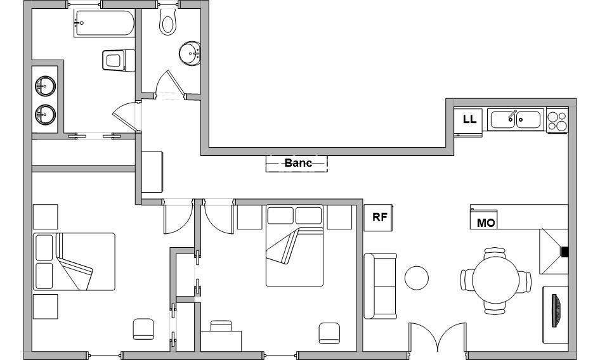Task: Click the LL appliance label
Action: coord(469,119)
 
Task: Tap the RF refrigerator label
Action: coord(379,217)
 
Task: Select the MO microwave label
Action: coord(486,222)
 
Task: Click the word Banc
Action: coord(298,163)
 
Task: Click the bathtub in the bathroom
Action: coord(105,23)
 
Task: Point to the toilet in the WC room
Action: coord(168,22)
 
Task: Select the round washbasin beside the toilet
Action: coord(190,54)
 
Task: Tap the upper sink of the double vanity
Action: coord(45,86)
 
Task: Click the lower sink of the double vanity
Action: coord(45,114)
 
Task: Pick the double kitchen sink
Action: coord(516,119)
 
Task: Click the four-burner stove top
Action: coord(557,120)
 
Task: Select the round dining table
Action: coord(495,280)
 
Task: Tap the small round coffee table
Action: coord(416,278)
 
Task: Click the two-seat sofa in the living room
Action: coord(380,286)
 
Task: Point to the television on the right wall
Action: coord(556,311)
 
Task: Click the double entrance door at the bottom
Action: coord(438,337)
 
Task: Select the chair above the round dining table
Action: coord(495,253)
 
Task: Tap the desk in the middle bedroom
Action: coord(221,341)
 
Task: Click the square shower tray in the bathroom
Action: coord(119,60)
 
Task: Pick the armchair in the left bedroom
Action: coord(143,329)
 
